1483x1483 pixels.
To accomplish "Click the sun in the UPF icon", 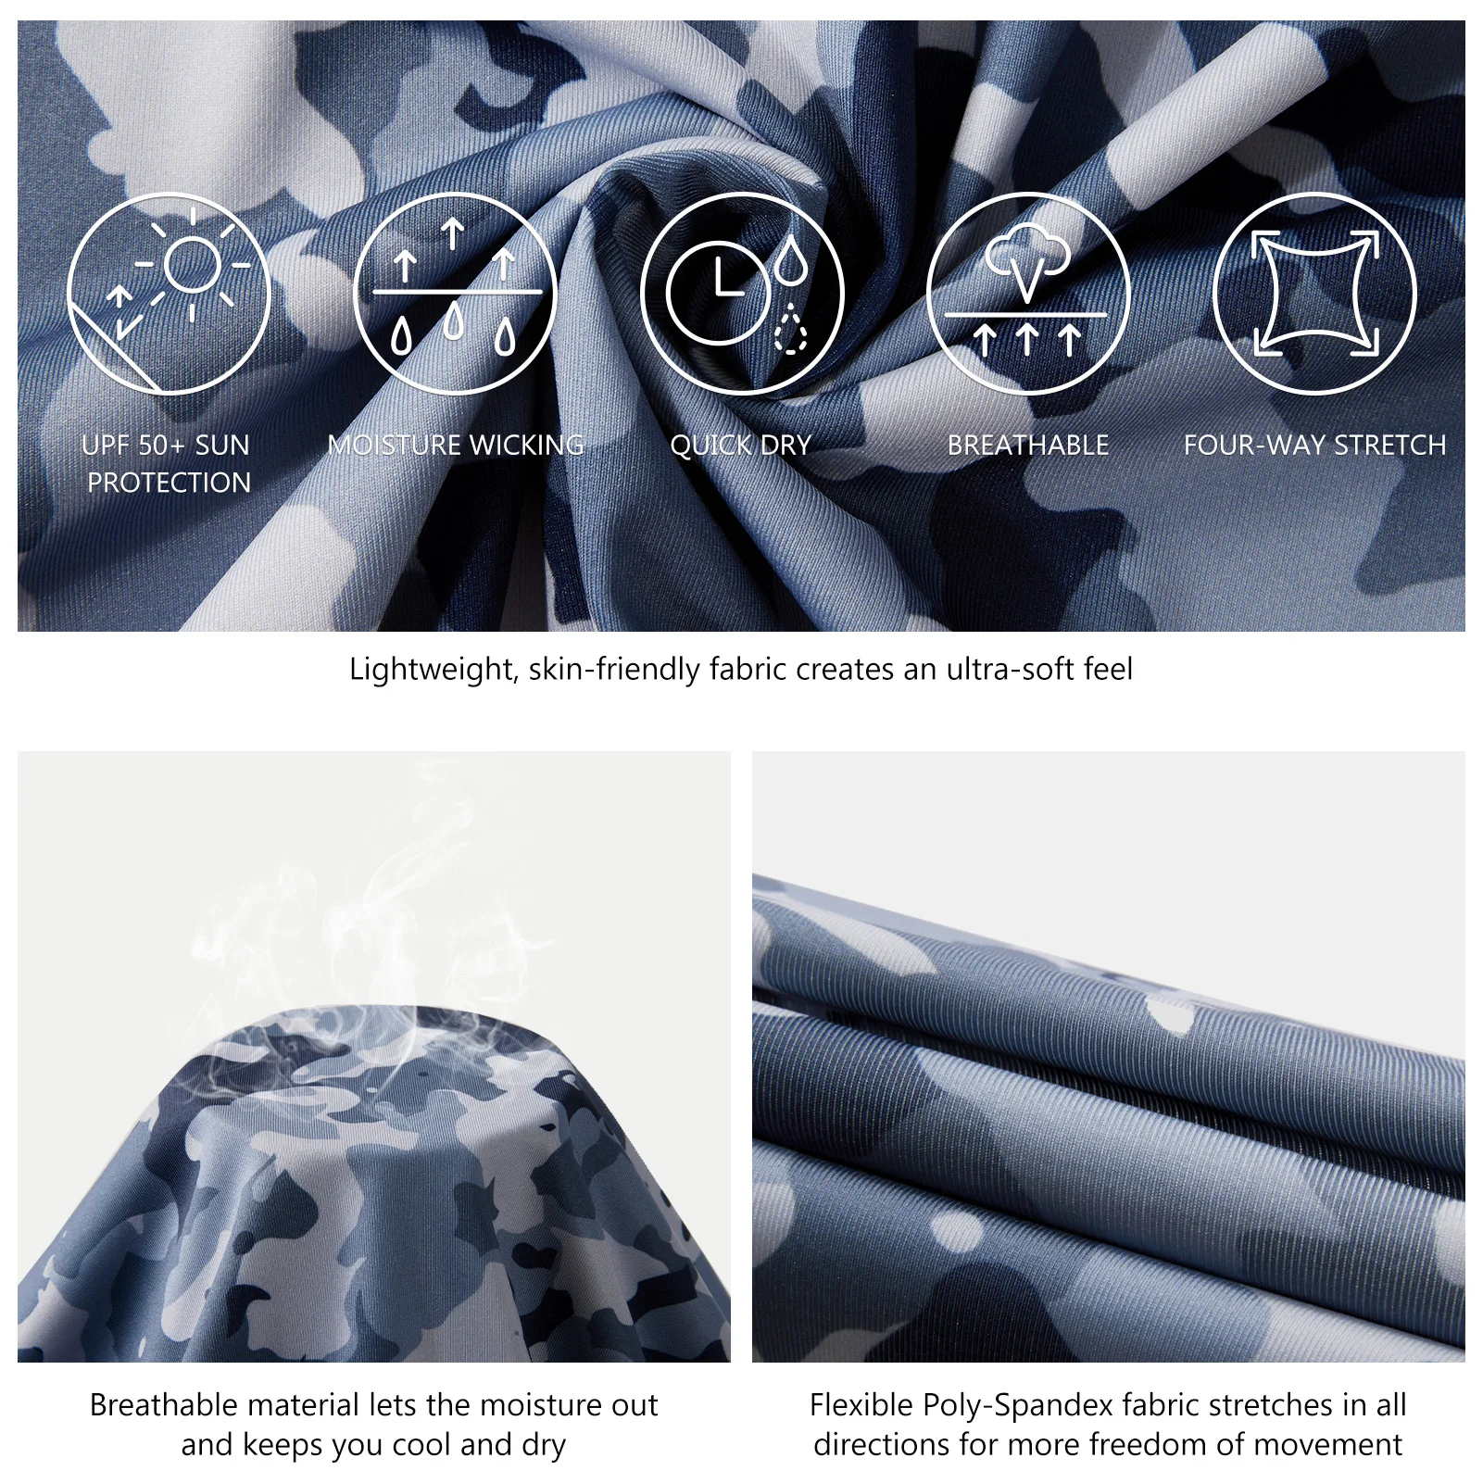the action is click(192, 264).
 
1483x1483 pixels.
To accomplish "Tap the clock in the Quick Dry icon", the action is click(718, 293).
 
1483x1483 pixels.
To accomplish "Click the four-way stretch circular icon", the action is click(1314, 294).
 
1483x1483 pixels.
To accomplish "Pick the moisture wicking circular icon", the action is click(455, 294).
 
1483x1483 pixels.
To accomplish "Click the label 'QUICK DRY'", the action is click(741, 446).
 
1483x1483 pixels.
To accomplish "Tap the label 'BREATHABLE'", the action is click(1028, 446).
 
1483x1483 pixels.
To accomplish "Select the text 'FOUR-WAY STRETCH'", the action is click(1314, 446).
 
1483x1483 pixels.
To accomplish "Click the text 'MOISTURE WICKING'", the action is click(456, 446).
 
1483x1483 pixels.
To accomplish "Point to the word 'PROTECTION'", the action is click(170, 483).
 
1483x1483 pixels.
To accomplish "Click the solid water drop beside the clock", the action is click(790, 260).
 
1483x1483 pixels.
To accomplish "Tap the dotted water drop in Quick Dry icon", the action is click(790, 328).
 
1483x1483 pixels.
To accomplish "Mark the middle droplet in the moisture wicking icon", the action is click(453, 322).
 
